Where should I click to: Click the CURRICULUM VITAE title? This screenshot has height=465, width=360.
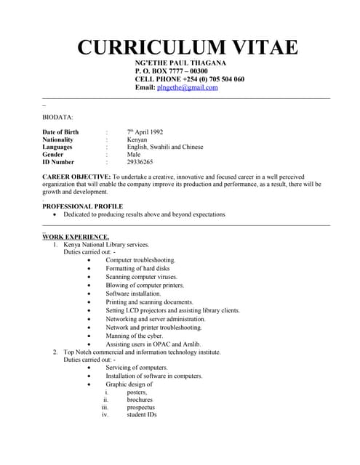pyautogui.click(x=188, y=48)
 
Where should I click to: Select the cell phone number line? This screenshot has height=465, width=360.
pyautogui.click(x=189, y=79)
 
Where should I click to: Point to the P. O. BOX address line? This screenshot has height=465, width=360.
pyautogui.click(x=171, y=71)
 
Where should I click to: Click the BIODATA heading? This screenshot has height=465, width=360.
pyautogui.click(x=57, y=116)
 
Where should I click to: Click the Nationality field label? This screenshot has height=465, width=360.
pyautogui.click(x=58, y=139)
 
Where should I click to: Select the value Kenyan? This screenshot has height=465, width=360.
pyautogui.click(x=137, y=139)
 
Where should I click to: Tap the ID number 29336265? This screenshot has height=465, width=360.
pyautogui.click(x=140, y=162)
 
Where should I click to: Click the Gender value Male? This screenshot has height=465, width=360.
pyautogui.click(x=134, y=155)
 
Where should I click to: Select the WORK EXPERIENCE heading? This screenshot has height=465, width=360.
pyautogui.click(x=76, y=237)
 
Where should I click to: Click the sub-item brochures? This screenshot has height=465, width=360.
pyautogui.click(x=140, y=399)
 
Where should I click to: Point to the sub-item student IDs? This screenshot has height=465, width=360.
pyautogui.click(x=142, y=415)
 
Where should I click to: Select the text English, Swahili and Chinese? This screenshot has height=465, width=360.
pyautogui.click(x=165, y=147)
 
